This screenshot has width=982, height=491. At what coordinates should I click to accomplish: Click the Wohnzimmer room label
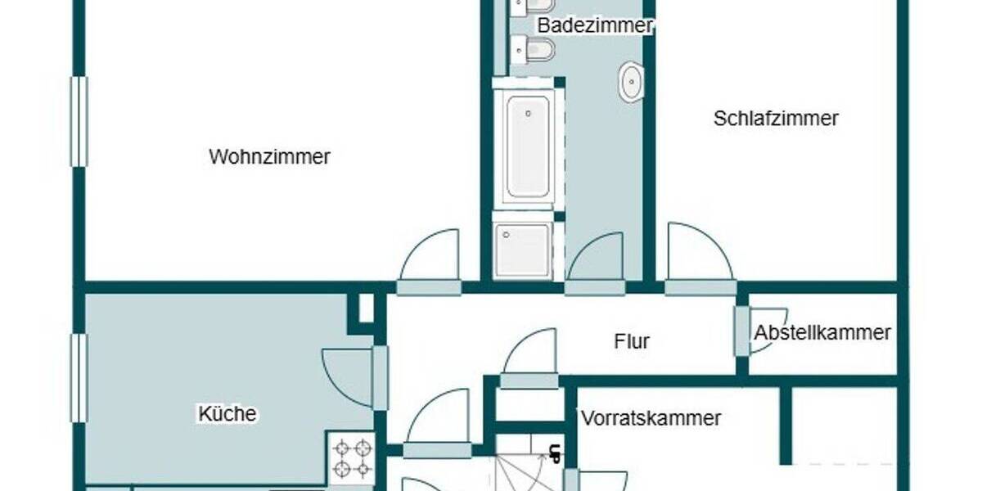point(269,156)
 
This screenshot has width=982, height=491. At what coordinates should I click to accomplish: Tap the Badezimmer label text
point(595,25)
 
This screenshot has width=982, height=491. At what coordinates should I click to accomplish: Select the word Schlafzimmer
point(776,119)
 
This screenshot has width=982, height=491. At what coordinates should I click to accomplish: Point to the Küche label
point(227,414)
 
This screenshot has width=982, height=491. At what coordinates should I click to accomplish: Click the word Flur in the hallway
point(632,340)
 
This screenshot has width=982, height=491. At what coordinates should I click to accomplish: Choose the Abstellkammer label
point(822,333)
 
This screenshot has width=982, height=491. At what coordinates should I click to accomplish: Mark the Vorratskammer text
point(651,418)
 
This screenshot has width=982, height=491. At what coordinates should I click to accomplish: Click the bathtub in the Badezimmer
point(528,145)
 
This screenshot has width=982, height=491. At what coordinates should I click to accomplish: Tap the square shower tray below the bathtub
point(523,248)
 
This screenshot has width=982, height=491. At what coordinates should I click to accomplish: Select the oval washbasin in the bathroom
point(631,82)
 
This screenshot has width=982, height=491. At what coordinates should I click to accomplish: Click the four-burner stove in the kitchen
point(353,457)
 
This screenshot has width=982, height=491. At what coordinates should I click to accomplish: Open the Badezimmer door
point(597,263)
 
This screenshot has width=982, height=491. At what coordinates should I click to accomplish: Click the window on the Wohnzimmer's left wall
point(79,122)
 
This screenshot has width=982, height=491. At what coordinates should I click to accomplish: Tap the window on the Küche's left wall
point(79,378)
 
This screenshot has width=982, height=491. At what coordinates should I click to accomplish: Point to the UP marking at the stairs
point(555,452)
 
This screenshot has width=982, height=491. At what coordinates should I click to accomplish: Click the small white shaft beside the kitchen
point(366,308)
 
